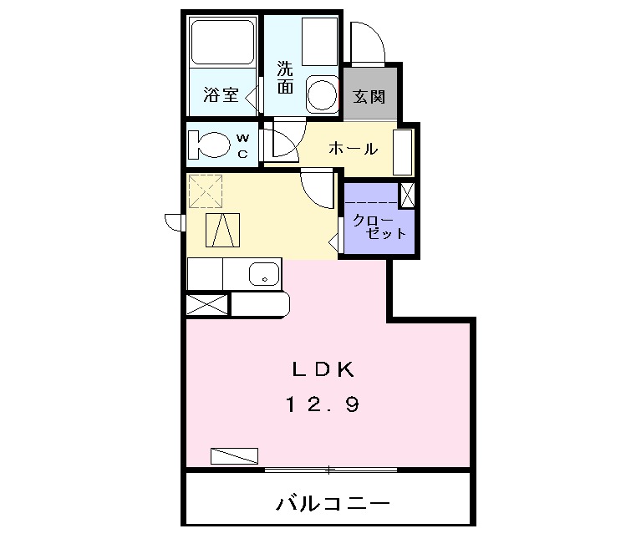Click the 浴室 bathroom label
click(x=221, y=96)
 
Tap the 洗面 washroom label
click(x=286, y=79)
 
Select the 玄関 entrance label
click(x=369, y=96)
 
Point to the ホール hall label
click(x=353, y=149)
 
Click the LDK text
click(x=323, y=368)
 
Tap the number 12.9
click(x=323, y=405)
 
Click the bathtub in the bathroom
click(x=222, y=42)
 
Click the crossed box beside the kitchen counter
click(x=206, y=303)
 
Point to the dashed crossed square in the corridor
click(x=206, y=191)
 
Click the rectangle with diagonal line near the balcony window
click(x=235, y=455)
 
